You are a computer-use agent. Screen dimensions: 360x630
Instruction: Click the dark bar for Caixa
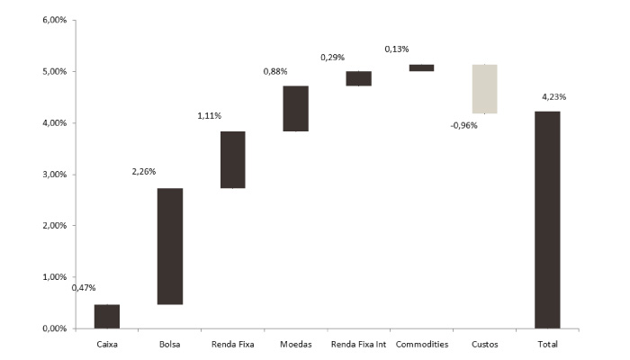click(107, 317)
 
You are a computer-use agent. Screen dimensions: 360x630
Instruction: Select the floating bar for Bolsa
click(170, 246)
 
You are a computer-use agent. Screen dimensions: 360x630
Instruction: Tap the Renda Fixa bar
click(232, 159)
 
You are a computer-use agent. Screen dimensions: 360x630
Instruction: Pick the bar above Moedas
click(295, 109)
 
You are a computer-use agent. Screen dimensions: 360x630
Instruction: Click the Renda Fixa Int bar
click(358, 78)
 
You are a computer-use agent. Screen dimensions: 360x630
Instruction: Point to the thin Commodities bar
click(421, 67)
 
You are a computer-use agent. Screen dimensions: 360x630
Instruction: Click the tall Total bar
click(547, 220)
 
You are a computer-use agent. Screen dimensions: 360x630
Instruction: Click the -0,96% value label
click(463, 126)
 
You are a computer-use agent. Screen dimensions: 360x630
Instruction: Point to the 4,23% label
click(553, 96)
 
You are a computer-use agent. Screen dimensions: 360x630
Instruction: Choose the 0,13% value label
click(398, 49)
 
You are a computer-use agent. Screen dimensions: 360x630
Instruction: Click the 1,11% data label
click(210, 115)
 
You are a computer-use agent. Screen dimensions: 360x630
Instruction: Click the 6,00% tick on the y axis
click(56, 20)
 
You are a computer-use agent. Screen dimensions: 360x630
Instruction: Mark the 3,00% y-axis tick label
click(56, 175)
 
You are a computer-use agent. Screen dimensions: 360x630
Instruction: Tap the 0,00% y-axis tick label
click(56, 329)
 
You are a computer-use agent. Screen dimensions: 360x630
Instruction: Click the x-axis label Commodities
click(421, 345)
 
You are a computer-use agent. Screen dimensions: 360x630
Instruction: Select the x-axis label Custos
click(484, 345)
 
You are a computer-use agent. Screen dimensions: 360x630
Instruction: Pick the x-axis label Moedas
click(295, 345)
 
